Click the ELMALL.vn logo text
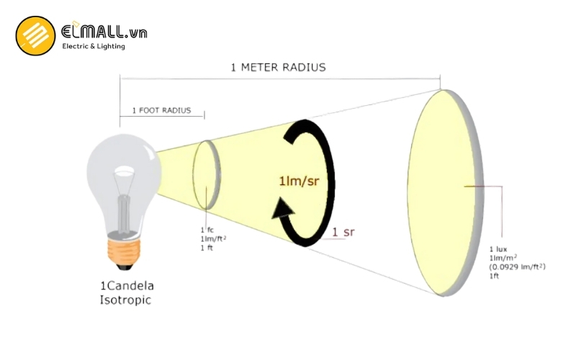click(104, 32)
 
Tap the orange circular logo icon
click(35, 36)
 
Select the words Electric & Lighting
click(94, 47)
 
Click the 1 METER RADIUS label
click(278, 68)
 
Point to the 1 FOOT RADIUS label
click(161, 110)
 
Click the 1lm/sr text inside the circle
click(299, 181)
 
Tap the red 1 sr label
click(343, 232)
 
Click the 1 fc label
click(206, 229)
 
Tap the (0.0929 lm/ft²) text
click(517, 267)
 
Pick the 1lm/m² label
click(503, 258)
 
